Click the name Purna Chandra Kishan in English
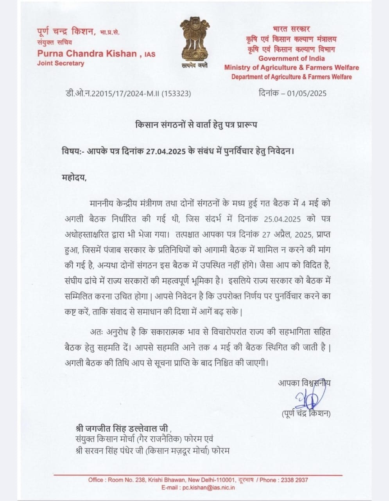click(87, 53)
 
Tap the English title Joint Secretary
click(61, 63)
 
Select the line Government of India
click(292, 58)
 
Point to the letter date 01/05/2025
click(308, 93)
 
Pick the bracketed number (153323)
click(176, 94)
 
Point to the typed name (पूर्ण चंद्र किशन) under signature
click(305, 414)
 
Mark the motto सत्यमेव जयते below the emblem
click(194, 65)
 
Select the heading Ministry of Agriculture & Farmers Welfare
click(292, 67)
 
